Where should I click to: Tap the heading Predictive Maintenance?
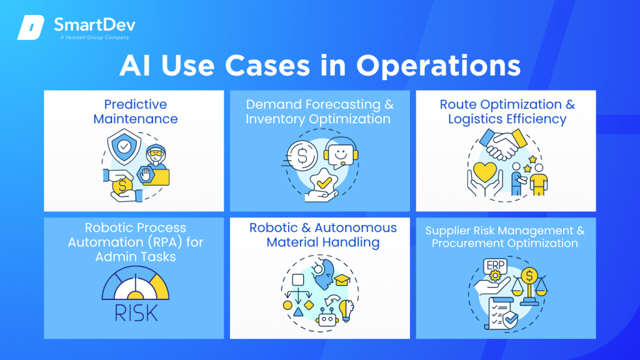click(x=135, y=111)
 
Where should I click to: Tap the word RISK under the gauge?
click(x=134, y=311)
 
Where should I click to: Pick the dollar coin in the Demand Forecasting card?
click(x=302, y=156)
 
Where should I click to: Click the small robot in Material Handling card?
click(x=327, y=317)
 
